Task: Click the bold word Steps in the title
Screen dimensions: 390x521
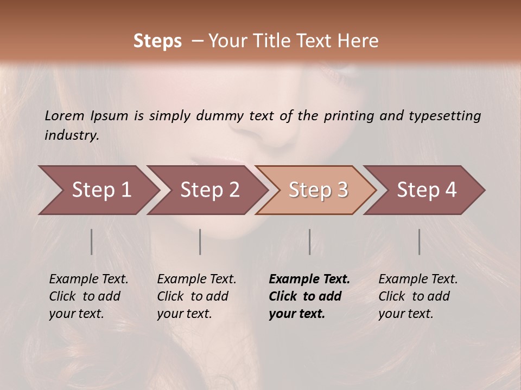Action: coord(157,41)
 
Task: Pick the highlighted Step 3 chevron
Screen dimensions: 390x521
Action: coord(317,190)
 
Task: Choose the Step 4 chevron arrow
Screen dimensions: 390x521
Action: coord(427,190)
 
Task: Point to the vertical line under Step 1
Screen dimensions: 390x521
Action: coord(92,242)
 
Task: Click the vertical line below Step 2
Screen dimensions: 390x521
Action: coord(200,242)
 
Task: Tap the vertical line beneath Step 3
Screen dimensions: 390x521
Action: coord(309,242)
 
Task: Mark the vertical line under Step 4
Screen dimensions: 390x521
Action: coord(419,242)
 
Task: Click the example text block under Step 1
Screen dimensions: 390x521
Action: coord(88,296)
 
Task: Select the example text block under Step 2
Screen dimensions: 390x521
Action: coord(196,296)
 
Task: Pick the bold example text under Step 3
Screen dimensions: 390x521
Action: coord(309,296)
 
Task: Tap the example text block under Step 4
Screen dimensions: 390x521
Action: coord(418,296)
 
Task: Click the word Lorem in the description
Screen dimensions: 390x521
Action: coord(65,116)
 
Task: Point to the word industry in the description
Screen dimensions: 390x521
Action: coord(71,135)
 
